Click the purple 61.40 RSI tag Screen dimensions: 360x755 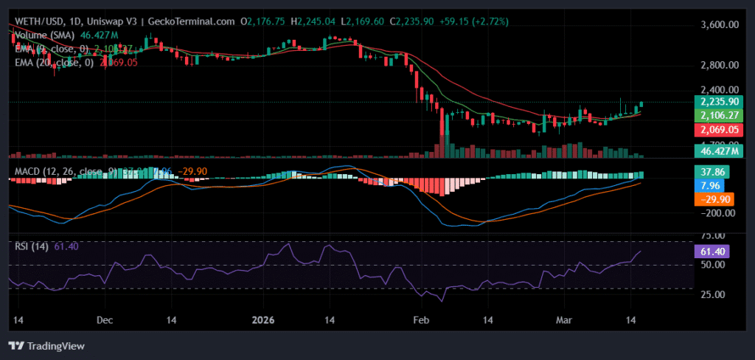711,251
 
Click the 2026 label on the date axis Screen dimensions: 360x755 263,321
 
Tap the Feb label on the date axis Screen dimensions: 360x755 420,321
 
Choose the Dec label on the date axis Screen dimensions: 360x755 104,321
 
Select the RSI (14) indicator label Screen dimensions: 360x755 31,246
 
